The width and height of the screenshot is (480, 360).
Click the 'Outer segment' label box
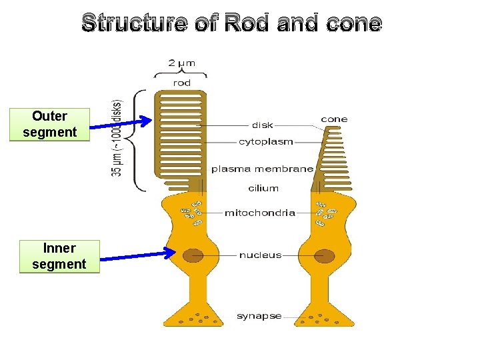click(49, 124)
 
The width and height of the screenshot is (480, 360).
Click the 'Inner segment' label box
click(59, 257)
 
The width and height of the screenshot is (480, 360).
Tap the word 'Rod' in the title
click(247, 24)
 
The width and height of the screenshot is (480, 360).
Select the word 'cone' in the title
click(354, 24)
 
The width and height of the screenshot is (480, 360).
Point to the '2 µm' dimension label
click(181, 63)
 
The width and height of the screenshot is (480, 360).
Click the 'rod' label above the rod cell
click(181, 83)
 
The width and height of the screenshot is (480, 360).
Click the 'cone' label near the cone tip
click(334, 119)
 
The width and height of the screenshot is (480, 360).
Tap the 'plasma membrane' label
click(262, 169)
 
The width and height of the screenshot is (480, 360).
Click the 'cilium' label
click(263, 188)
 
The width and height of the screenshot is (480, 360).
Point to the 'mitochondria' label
click(259, 213)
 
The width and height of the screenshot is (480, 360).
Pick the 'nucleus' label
click(260, 255)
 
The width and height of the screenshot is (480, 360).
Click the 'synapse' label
click(259, 316)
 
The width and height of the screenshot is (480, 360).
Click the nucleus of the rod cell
click(193, 255)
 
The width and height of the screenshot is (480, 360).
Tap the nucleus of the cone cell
click(325, 255)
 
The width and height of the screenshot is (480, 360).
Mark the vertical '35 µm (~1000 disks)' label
click(117, 138)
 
